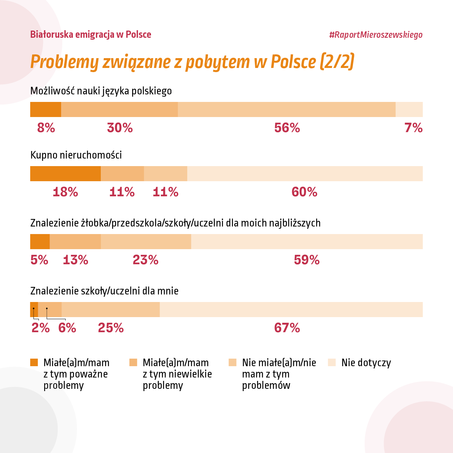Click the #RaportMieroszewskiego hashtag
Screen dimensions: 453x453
point(376,35)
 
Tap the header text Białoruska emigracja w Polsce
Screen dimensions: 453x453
point(91,35)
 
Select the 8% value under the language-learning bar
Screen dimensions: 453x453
point(46,128)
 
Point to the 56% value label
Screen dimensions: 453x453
point(287,128)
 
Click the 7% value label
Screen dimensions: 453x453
point(413,128)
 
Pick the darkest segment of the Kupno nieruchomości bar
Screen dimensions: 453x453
point(66,174)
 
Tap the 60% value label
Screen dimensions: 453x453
point(304,192)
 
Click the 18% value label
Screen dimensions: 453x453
point(65,192)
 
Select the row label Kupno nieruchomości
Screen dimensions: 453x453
point(76,155)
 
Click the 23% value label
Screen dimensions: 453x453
point(145,260)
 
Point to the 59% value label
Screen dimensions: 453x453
point(307,260)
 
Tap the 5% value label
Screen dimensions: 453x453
point(39,260)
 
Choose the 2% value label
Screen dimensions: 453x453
point(41,328)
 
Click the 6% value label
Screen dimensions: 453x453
point(67,328)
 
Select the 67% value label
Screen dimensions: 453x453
point(287,328)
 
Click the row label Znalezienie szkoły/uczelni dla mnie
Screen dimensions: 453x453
point(104,291)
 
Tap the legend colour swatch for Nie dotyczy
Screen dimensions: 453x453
point(332,362)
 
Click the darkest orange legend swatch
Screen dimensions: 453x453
point(34,362)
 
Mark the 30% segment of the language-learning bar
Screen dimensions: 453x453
point(119,109)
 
